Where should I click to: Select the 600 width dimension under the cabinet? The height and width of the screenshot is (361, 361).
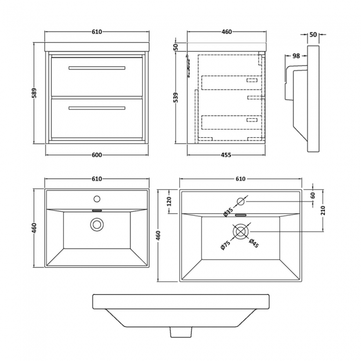[97, 155]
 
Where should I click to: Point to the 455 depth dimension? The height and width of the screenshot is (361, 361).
[227, 155]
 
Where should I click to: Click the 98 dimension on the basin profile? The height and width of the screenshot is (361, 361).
[296, 55]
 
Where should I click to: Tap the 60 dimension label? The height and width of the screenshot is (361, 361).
[313, 195]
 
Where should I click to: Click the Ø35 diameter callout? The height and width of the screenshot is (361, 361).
[228, 212]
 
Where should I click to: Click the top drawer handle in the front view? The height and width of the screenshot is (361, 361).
[97, 68]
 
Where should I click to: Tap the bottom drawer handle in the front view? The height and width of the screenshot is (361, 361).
[97, 108]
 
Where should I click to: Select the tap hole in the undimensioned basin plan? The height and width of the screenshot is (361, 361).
[97, 198]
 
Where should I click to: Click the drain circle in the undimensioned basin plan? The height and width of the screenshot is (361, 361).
[97, 224]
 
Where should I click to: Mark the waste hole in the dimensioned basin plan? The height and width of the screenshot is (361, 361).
[241, 230]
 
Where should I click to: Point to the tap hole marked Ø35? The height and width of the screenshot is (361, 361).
[241, 201]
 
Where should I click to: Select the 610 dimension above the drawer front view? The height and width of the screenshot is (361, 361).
[97, 32]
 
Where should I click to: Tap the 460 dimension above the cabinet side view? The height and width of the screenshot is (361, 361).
[227, 32]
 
